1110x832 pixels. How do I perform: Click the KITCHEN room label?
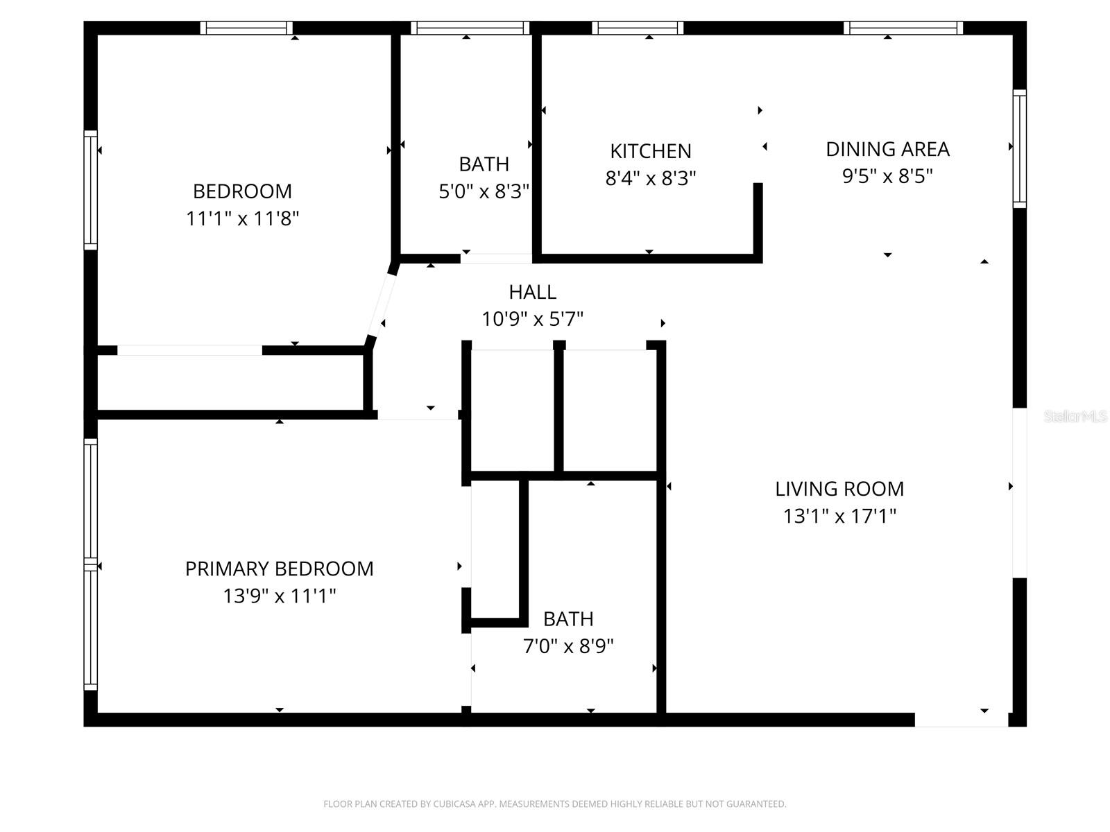(650, 150)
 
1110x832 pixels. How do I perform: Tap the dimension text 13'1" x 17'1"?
(839, 516)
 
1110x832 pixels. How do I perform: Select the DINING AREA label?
(887, 148)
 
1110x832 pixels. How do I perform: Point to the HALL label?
(532, 291)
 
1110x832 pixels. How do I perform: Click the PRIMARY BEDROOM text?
(279, 569)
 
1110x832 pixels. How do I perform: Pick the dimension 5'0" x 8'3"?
(484, 191)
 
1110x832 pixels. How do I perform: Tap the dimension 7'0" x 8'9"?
(568, 646)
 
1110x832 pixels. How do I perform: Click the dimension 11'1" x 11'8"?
(242, 219)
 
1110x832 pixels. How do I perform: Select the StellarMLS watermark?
(1075, 416)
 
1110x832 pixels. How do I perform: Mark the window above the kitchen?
(638, 28)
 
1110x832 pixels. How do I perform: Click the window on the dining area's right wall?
(1019, 148)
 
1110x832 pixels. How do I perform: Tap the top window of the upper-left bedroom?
(246, 28)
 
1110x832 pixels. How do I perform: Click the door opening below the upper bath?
(496, 259)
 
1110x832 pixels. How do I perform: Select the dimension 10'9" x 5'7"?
(532, 319)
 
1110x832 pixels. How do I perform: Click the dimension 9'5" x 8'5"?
(887, 176)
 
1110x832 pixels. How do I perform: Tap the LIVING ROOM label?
(839, 489)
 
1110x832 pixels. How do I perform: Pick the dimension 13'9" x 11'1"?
(279, 596)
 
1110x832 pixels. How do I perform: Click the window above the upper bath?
(470, 28)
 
